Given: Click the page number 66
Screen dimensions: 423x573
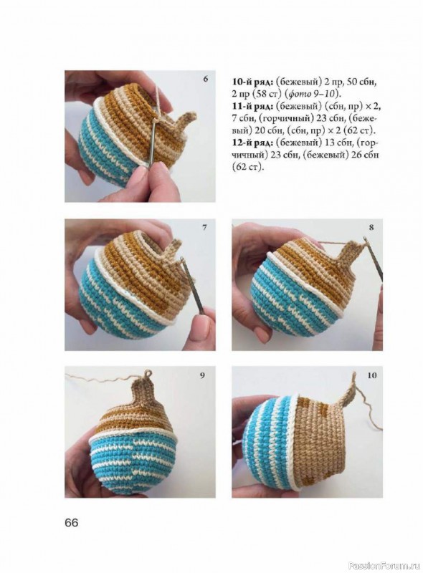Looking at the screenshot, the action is (72, 523).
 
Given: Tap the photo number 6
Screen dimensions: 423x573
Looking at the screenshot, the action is (205, 79).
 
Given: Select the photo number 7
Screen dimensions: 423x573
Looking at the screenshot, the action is (204, 227).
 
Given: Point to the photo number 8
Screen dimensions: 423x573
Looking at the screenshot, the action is (371, 227).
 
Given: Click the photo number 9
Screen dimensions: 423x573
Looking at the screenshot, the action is (202, 375).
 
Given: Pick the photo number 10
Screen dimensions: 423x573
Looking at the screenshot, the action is (372, 375).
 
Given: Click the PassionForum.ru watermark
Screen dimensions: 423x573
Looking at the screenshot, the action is (385, 566).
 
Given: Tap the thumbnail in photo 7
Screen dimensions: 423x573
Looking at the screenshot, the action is (202, 323).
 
